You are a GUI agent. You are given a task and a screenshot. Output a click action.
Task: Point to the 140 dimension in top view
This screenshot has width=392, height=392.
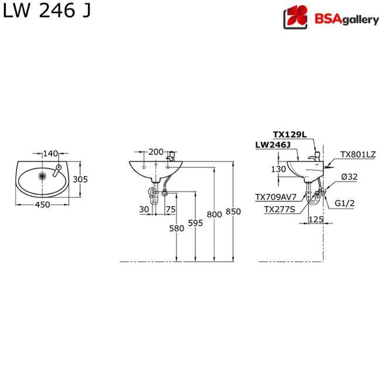click(51, 153)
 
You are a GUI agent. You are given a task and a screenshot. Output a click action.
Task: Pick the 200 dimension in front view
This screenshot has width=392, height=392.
click(156, 152)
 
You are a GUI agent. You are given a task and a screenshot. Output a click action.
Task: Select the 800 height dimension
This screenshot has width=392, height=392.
click(214, 214)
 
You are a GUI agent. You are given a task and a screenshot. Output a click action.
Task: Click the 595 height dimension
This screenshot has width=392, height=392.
click(195, 223)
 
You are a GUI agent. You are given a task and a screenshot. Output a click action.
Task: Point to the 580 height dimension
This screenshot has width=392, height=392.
click(177, 228)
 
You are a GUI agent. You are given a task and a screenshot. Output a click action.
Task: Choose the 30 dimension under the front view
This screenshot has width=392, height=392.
click(144, 209)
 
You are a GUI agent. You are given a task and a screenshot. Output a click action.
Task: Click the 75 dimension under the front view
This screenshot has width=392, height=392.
click(170, 209)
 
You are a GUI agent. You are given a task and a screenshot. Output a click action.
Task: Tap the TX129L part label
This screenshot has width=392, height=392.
click(289, 134)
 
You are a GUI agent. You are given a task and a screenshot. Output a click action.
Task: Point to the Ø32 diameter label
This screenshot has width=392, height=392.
click(345, 177)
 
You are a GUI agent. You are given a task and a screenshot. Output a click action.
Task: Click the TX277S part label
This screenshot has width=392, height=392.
click(279, 208)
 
